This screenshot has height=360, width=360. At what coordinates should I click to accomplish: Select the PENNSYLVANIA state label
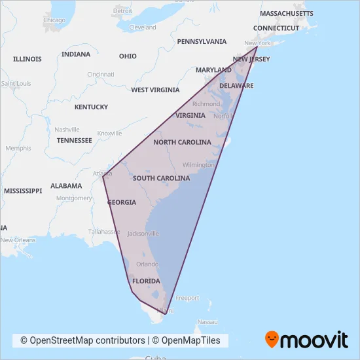point(202,41)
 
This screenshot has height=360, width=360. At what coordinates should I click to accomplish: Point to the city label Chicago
point(54,20)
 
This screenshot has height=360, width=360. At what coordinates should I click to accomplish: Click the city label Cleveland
point(143,27)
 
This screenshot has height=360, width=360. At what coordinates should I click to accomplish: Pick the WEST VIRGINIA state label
point(156,90)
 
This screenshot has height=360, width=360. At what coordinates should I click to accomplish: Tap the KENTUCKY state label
point(91,107)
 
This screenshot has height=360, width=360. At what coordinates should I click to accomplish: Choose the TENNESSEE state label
point(74,140)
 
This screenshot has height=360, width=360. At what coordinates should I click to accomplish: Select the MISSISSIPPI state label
point(22,190)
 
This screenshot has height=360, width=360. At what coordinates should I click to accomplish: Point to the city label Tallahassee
point(105,232)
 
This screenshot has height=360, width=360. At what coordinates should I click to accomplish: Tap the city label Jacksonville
point(143,234)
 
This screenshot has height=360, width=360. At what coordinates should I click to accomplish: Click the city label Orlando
point(147,264)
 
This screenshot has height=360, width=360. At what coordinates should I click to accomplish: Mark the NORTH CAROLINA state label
point(182,142)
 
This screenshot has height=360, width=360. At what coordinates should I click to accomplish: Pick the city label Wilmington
point(198,165)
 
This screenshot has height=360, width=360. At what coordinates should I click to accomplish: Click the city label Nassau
point(207,322)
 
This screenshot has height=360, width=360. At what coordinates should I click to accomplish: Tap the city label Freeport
point(187,298)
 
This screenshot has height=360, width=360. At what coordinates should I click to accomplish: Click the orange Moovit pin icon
point(271,339)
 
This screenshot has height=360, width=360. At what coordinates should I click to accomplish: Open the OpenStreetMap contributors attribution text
point(82,340)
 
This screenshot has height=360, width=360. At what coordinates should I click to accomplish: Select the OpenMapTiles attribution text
point(190,340)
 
